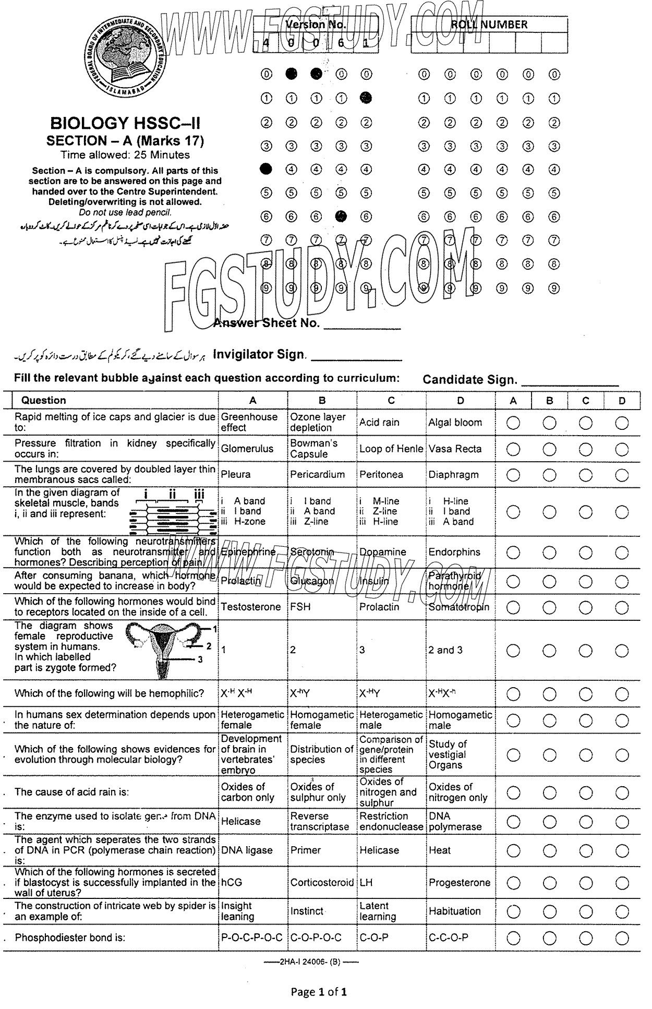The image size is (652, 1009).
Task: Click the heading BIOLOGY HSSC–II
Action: click(x=125, y=124)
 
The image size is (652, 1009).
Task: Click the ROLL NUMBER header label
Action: click(x=489, y=25)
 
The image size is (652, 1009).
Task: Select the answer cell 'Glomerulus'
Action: click(x=247, y=449)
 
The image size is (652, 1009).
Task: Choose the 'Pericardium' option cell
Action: click(x=317, y=475)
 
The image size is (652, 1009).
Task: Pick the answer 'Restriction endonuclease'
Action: click(x=391, y=821)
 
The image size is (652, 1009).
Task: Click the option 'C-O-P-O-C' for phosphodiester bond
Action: click(x=316, y=938)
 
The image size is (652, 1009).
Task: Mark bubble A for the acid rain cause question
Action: click(x=513, y=792)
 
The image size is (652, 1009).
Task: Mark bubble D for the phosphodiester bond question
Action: click(x=622, y=938)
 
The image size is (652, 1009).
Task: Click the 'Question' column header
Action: click(x=43, y=400)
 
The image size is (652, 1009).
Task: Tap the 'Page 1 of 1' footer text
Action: click(x=319, y=991)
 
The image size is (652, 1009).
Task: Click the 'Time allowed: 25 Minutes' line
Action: click(x=125, y=155)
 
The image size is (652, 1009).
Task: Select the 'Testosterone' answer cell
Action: click(x=251, y=607)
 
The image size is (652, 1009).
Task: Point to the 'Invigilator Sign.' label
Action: click(x=259, y=355)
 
